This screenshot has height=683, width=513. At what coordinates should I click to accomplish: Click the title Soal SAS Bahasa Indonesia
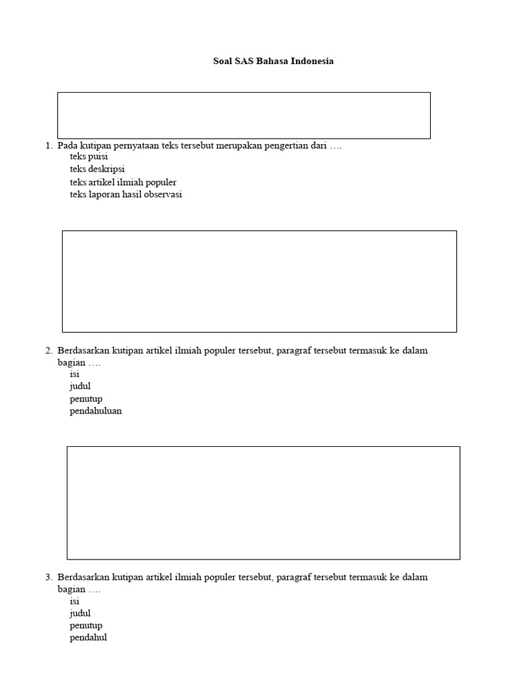click(x=273, y=61)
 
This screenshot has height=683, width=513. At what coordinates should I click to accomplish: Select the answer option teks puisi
click(x=88, y=157)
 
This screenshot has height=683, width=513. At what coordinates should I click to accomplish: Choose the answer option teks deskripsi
click(x=97, y=169)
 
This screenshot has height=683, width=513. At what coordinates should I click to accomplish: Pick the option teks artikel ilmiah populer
click(x=123, y=182)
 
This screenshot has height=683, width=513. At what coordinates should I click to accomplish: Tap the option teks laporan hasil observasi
click(x=126, y=195)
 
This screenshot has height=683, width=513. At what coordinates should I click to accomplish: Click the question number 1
click(x=48, y=145)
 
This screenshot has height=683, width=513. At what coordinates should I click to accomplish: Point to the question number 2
click(x=48, y=350)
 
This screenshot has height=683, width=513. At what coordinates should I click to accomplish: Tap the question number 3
click(x=48, y=577)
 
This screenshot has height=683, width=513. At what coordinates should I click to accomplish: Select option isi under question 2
click(x=74, y=374)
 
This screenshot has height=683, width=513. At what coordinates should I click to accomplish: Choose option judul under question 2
click(x=80, y=386)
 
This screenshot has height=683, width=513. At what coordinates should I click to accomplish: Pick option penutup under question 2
click(x=86, y=399)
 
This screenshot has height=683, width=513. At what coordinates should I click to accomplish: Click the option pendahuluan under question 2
click(x=96, y=411)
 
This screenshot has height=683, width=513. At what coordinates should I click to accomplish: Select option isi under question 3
click(x=74, y=601)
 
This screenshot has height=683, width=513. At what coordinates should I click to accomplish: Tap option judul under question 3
click(x=80, y=613)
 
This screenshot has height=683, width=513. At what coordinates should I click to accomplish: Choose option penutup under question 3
click(x=86, y=626)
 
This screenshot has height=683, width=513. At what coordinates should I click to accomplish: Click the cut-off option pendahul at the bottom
click(x=88, y=638)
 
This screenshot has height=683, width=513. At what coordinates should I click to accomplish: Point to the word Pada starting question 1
click(x=67, y=145)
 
